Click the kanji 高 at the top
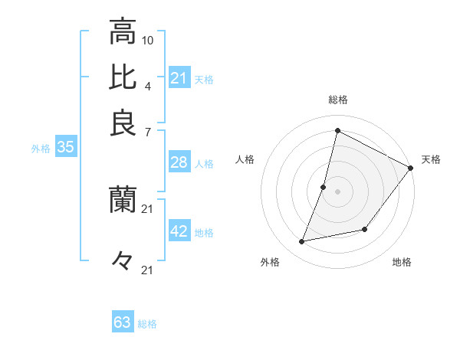point(122,32)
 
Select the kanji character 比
point(122,77)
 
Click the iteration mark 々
point(122,260)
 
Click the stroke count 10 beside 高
point(149,40)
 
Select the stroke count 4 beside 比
point(147,85)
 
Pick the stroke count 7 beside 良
point(147,131)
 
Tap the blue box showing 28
point(179,162)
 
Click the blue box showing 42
point(179,232)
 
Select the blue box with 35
point(65,148)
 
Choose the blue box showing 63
point(123,322)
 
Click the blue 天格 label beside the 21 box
point(204,79)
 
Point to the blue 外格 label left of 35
point(41,149)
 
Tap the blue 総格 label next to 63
point(147,324)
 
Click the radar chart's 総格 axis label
point(337,100)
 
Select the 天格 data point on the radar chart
point(410,168)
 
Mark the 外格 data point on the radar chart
point(303,241)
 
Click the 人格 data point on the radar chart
point(324,187)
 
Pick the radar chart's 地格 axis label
point(402,263)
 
